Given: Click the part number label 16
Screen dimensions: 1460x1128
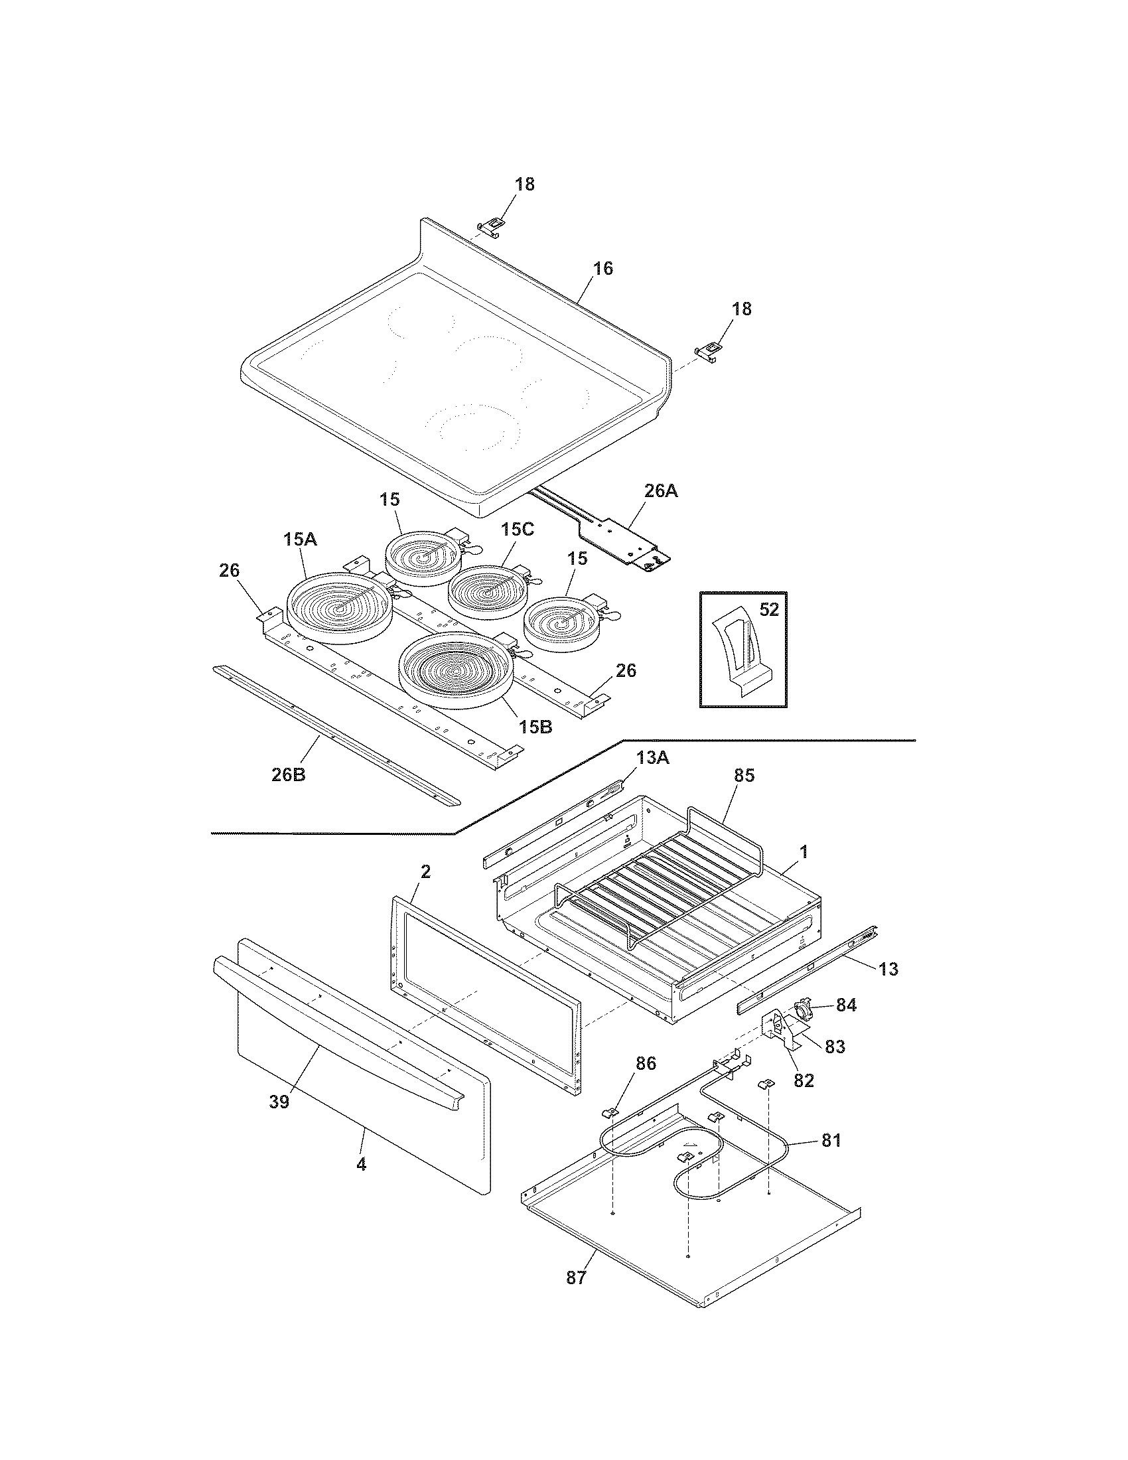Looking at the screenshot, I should tap(602, 269).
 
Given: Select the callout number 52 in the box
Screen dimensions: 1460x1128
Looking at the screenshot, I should tap(770, 609).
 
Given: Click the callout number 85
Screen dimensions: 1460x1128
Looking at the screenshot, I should tap(744, 775).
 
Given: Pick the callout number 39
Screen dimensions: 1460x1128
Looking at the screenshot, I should tap(279, 1102).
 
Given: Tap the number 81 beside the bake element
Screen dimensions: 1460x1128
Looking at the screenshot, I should tap(831, 1140).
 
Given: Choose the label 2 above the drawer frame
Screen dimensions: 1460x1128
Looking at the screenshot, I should tap(425, 872).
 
